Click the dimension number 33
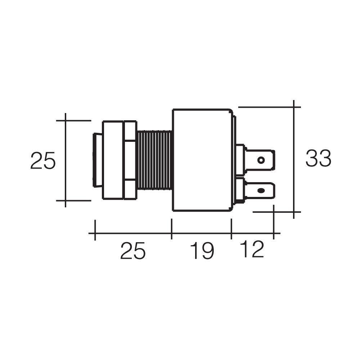(318, 159)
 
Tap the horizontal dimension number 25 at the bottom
(132, 251)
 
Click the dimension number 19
(202, 251)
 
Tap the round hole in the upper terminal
(261, 160)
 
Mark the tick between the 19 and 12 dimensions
(231, 229)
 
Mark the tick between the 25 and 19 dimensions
(172, 229)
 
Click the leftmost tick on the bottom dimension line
(95, 230)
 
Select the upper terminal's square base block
(240, 159)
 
